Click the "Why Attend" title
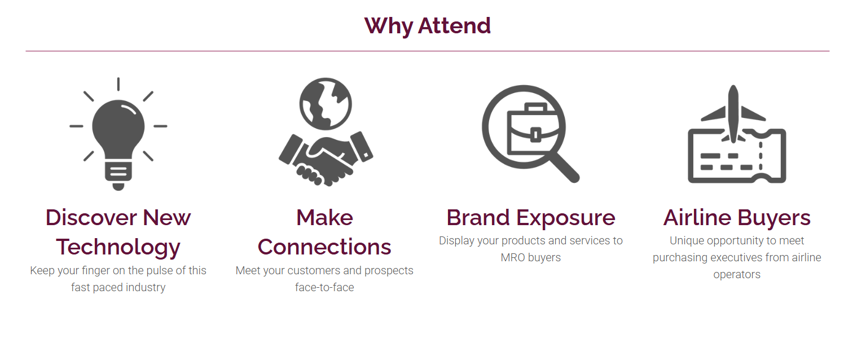coord(427,26)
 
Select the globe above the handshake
coord(326,104)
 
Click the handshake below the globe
coord(326,159)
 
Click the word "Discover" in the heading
coord(91,218)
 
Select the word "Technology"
coord(118,248)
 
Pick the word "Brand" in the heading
coord(478,218)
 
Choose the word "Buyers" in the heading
coord(774,218)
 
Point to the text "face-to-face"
coord(324,287)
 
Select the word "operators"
coord(737,275)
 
